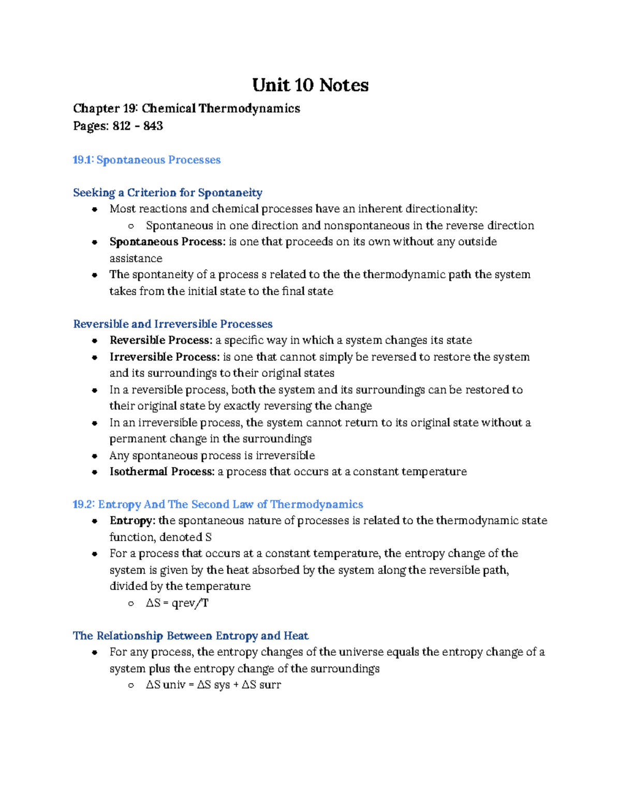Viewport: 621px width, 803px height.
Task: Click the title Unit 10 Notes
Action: (x=310, y=85)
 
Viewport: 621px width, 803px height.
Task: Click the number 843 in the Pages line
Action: (x=153, y=126)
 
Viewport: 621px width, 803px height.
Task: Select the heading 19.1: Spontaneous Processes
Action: (x=146, y=160)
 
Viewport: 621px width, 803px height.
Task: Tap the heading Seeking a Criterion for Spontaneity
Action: (x=168, y=193)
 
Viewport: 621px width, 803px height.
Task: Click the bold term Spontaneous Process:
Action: (x=167, y=242)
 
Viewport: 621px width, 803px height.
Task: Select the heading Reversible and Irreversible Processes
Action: (x=173, y=324)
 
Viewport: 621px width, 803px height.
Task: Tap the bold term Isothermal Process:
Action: (x=161, y=472)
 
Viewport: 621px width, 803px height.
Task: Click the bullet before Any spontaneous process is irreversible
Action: (x=95, y=456)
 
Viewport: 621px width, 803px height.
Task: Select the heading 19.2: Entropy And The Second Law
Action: (x=218, y=504)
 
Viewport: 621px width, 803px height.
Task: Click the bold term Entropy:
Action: (x=132, y=521)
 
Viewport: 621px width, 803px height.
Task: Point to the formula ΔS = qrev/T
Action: (x=177, y=603)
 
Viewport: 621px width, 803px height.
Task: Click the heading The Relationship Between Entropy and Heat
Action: (x=190, y=635)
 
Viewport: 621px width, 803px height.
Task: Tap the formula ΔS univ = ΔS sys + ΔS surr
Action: (x=213, y=685)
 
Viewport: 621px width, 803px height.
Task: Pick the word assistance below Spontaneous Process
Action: (x=136, y=259)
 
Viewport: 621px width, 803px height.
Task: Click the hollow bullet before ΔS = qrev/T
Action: (x=131, y=603)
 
